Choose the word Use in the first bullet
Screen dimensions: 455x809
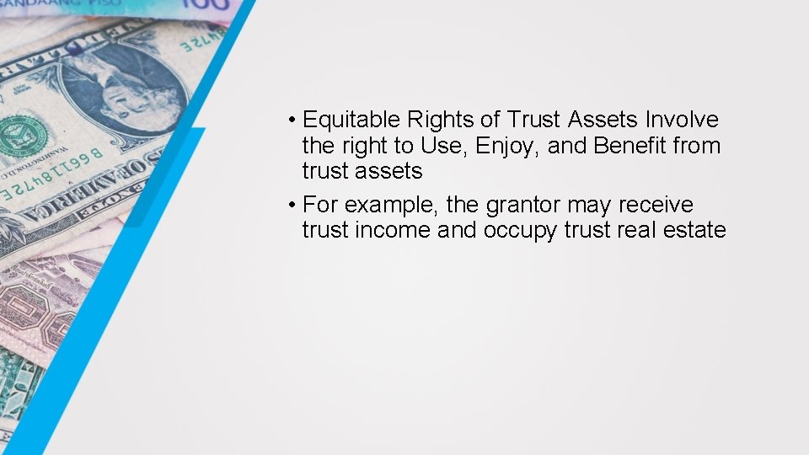click(441, 145)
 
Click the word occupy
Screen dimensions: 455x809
click(520, 230)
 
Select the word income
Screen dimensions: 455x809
click(393, 229)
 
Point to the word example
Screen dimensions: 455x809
click(383, 205)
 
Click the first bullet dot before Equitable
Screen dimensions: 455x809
click(289, 120)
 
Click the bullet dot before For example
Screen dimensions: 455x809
click(289, 205)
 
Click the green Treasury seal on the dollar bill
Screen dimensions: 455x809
click(24, 135)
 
